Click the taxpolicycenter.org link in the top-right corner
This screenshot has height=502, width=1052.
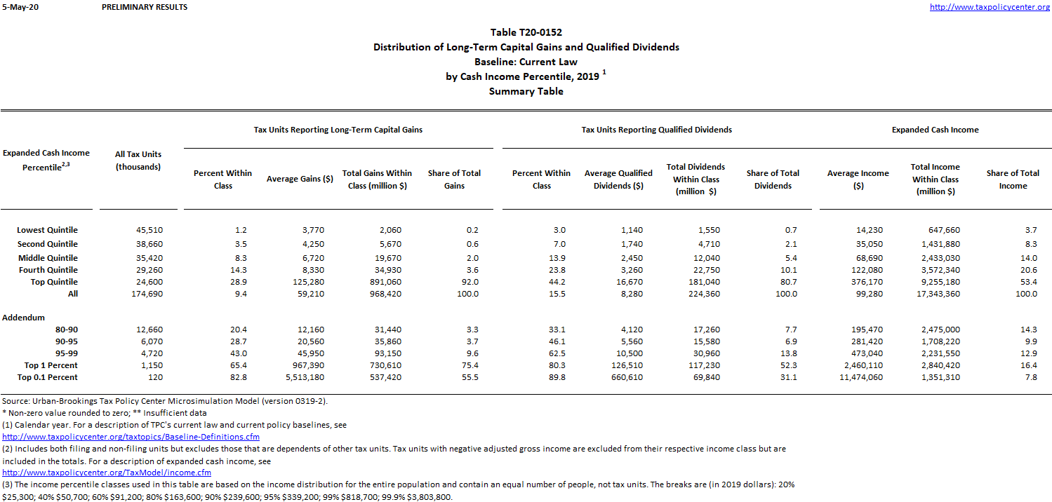tap(990, 7)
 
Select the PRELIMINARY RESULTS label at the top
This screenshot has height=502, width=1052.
tap(145, 7)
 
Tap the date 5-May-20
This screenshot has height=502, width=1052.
tap(15, 7)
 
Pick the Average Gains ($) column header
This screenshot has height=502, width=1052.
tap(300, 179)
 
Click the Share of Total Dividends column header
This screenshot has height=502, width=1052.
tap(773, 179)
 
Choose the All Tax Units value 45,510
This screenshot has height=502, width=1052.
tap(149, 230)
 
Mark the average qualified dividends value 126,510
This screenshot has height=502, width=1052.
tap(623, 365)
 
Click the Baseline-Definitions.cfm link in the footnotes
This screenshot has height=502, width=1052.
tap(131, 437)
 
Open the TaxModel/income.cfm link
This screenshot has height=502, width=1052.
tap(107, 473)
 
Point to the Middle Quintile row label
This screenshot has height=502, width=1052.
tap(48, 258)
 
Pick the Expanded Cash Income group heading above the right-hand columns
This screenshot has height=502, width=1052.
tap(935, 130)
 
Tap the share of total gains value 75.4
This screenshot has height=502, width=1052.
tap(470, 365)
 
